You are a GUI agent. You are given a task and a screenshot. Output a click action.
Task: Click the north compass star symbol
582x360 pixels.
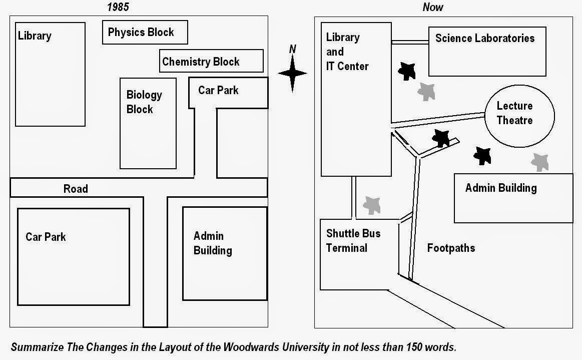point(293,74)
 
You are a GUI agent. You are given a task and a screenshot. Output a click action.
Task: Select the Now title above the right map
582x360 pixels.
point(433,7)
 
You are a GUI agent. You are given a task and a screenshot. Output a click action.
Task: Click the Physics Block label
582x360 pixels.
point(141,33)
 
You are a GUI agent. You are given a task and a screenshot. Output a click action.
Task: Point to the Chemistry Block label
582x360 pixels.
point(201,62)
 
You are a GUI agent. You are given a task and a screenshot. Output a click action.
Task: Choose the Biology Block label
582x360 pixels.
point(144,102)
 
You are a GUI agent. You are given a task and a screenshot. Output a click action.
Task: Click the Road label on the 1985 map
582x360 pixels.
point(76,189)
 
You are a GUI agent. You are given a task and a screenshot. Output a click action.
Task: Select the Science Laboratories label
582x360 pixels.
point(484,39)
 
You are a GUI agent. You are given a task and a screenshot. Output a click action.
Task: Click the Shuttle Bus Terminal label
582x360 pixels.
point(353,241)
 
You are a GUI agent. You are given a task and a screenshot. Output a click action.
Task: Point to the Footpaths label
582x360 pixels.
point(451,248)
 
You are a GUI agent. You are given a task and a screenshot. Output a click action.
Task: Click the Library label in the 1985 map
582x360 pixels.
point(35,36)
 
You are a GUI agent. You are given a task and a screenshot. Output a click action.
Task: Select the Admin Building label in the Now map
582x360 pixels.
point(500,188)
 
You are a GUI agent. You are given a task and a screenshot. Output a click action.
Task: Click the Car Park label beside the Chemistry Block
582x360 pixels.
point(218,91)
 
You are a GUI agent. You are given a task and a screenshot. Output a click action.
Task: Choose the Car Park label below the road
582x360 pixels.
point(46,237)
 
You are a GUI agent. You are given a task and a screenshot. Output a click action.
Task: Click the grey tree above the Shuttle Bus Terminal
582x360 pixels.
point(372,205)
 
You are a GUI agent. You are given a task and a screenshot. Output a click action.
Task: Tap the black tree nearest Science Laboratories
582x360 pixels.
point(406,72)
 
